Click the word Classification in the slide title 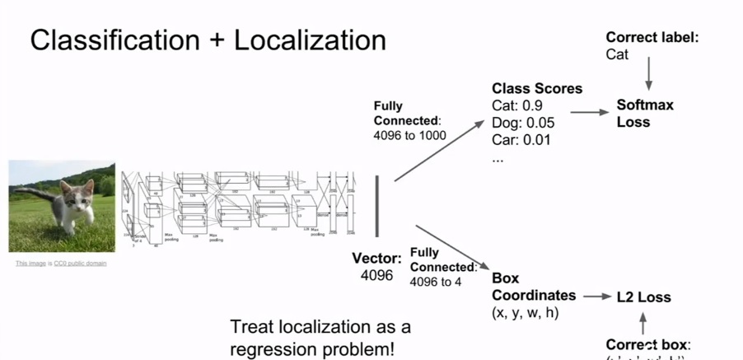(116, 41)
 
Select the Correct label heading (652, 37)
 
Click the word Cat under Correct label (617, 54)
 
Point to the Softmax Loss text (645, 114)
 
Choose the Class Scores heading (537, 88)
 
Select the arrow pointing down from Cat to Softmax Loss (649, 74)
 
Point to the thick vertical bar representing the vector (378, 205)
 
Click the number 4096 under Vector (377, 275)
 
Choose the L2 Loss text (643, 297)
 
